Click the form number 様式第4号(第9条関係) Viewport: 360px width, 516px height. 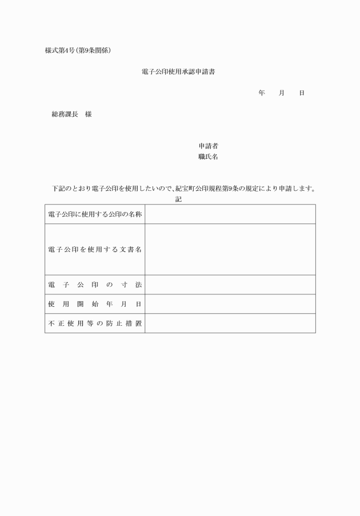click(x=78, y=50)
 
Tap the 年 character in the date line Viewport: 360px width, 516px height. click(x=261, y=93)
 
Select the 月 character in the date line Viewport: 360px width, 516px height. click(x=282, y=93)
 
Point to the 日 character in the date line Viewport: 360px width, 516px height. click(x=302, y=93)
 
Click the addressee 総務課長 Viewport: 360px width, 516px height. click(x=65, y=114)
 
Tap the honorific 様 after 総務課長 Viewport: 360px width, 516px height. click(x=89, y=114)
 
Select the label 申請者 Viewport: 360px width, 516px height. click(x=208, y=146)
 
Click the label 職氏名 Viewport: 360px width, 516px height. click(x=208, y=157)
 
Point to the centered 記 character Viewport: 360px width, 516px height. click(x=178, y=199)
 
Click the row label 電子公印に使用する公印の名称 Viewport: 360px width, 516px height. click(x=95, y=214)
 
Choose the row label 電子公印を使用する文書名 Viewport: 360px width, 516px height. click(x=95, y=250)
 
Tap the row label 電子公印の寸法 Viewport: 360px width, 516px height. click(x=95, y=285)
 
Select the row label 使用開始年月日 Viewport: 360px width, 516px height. click(x=95, y=304)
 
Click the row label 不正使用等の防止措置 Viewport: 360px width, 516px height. click(x=95, y=323)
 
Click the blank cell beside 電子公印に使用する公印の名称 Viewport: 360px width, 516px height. click(x=230, y=214)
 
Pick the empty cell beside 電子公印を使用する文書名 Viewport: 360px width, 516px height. click(x=230, y=250)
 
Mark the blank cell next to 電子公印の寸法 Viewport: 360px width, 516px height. click(x=230, y=285)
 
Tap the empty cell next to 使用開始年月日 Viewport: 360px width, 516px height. click(x=230, y=304)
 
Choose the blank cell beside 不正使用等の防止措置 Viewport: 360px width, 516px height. click(x=230, y=323)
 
